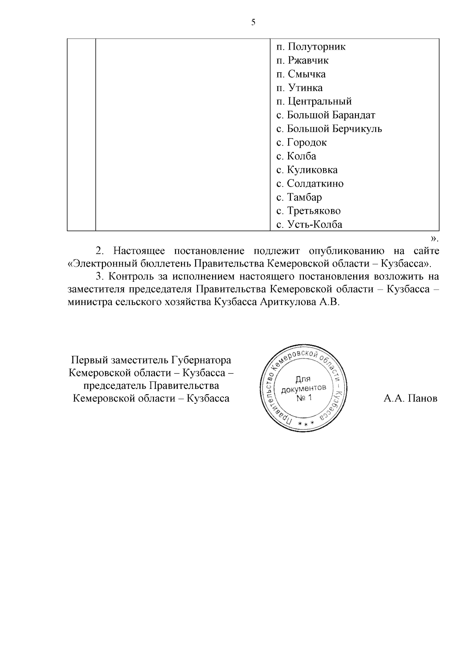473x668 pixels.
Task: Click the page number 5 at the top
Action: tap(253, 22)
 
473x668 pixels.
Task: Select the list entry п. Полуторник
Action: tap(311, 47)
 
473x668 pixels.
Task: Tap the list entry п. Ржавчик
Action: tap(302, 61)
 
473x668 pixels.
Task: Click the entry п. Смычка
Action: tap(301, 74)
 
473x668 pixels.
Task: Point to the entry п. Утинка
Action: tap(299, 88)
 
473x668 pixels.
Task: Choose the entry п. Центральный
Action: tap(314, 102)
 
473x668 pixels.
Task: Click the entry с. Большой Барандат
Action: tap(326, 115)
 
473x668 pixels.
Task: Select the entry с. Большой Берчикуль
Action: tap(329, 129)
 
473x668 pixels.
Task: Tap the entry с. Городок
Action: tap(302, 142)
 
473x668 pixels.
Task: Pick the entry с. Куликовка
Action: tap(307, 170)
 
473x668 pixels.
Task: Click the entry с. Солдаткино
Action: tap(310, 184)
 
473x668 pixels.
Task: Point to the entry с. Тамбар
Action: tap(299, 197)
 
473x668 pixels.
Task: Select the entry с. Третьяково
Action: tap(308, 211)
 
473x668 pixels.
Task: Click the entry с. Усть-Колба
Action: tap(309, 225)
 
